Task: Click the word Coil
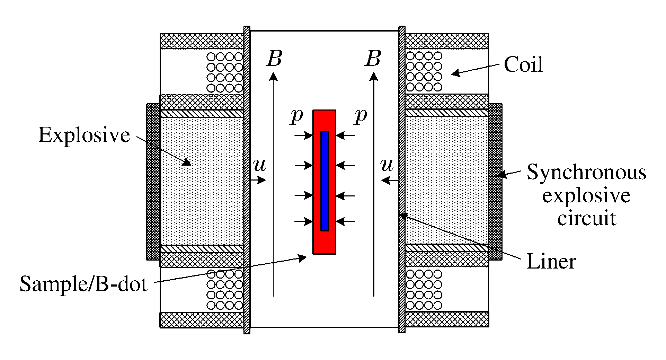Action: [x=523, y=64]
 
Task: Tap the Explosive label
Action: [x=84, y=135]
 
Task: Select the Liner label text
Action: [x=551, y=262]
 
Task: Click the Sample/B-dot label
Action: [x=83, y=284]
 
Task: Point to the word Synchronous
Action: [x=586, y=173]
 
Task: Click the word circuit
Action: [x=586, y=218]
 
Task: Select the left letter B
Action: [x=274, y=59]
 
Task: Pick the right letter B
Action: [x=373, y=59]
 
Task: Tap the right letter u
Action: [x=387, y=166]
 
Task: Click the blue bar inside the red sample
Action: [x=325, y=181]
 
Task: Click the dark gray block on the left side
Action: [x=153, y=182]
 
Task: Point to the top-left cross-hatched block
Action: [x=202, y=41]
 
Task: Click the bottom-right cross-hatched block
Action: [x=447, y=319]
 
